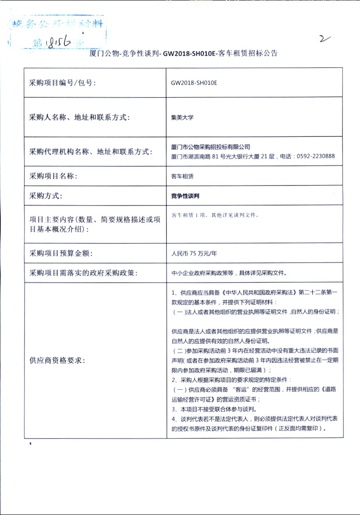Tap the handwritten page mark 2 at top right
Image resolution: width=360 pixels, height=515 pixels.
pyautogui.click(x=324, y=39)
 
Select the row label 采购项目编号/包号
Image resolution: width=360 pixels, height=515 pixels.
pyautogui.click(x=62, y=83)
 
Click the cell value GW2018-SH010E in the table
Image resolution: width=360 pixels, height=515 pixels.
pyautogui.click(x=194, y=83)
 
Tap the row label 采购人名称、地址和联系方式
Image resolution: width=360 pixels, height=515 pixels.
pyautogui.click(x=79, y=118)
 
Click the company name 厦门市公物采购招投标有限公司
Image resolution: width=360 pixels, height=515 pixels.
pyautogui.click(x=211, y=147)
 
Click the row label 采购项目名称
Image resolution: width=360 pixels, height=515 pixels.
pyautogui.click(x=53, y=176)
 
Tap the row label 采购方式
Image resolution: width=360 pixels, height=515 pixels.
pyautogui.click(x=46, y=196)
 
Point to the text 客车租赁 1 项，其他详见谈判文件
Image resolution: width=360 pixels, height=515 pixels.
pyautogui.click(x=215, y=215)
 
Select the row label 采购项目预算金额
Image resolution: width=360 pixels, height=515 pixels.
pyautogui.click(x=60, y=254)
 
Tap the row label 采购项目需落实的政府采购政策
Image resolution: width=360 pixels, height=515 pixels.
pyautogui.click(x=83, y=273)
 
